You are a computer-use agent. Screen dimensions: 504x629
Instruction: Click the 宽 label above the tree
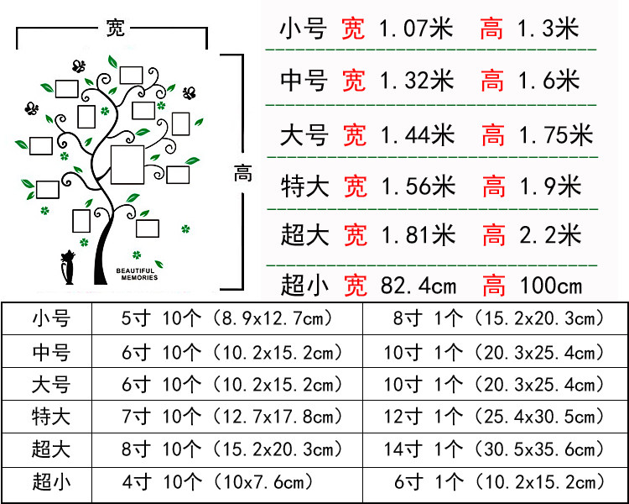tap(115, 27)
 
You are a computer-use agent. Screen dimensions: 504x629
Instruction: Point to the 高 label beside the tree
tap(242, 174)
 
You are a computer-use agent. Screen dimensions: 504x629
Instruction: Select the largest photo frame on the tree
tap(128, 164)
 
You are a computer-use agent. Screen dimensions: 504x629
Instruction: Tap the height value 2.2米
tap(550, 235)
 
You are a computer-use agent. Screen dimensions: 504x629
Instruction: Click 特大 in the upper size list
tap(304, 185)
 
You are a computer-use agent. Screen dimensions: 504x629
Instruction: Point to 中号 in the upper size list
tap(304, 81)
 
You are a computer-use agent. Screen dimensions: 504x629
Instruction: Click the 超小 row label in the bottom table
tap(52, 481)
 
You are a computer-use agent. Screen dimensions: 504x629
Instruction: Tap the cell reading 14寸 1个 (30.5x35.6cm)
tap(495, 449)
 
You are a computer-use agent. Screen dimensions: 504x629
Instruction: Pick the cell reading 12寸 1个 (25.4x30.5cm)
tap(495, 416)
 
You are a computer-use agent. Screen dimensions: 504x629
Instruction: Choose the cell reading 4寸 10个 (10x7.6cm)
tap(218, 481)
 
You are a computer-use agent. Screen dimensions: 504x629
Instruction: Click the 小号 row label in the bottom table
tap(52, 318)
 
